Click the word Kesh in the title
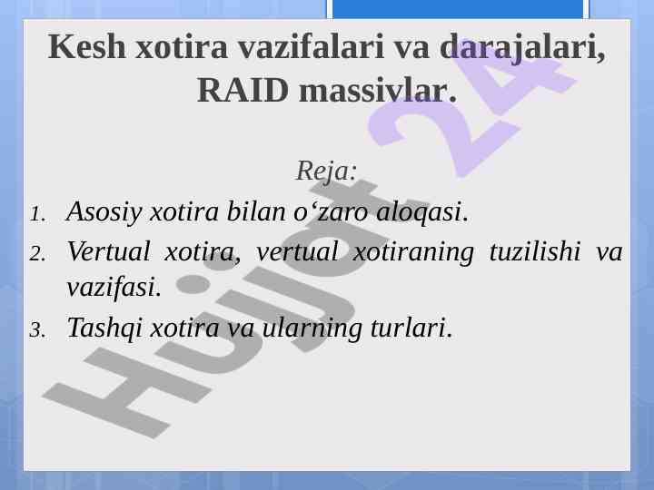[87, 46]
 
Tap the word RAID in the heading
[243, 90]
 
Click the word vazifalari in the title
[312, 46]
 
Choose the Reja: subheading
[327, 171]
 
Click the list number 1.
[37, 214]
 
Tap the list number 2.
[37, 253]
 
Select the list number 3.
[37, 330]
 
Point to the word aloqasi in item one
[422, 211]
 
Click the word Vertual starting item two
[108, 251]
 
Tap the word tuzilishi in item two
[535, 252]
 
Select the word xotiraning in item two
[413, 252]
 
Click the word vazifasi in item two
[114, 287]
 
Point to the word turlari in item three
[411, 328]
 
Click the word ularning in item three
[312, 328]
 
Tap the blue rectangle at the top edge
[458, 9]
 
